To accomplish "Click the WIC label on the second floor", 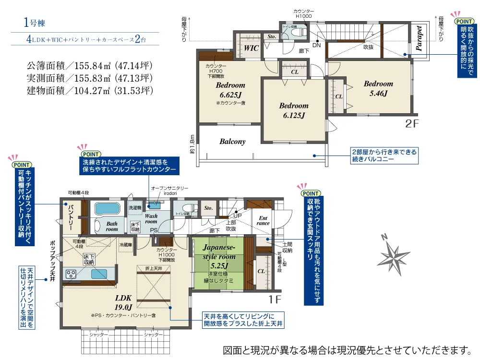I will pyautogui.click(x=251, y=48).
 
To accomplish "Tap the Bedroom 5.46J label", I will pyautogui.click(x=378, y=89).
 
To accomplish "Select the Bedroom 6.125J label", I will pyautogui.click(x=294, y=110).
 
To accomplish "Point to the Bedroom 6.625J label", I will pyautogui.click(x=230, y=90).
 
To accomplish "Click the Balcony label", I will pyautogui.click(x=232, y=142).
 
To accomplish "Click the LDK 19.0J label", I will pyautogui.click(x=123, y=302).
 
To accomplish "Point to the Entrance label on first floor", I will pyautogui.click(x=263, y=220).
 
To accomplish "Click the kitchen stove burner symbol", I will pyautogui.click(x=71, y=275).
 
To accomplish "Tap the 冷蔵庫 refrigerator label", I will pyautogui.click(x=126, y=244).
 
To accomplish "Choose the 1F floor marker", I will pyautogui.click(x=274, y=301).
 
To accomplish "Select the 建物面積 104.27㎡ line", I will pyautogui.click(x=90, y=90).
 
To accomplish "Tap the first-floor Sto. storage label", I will pyautogui.click(x=208, y=208).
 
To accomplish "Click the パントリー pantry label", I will pyautogui.click(x=70, y=216).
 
